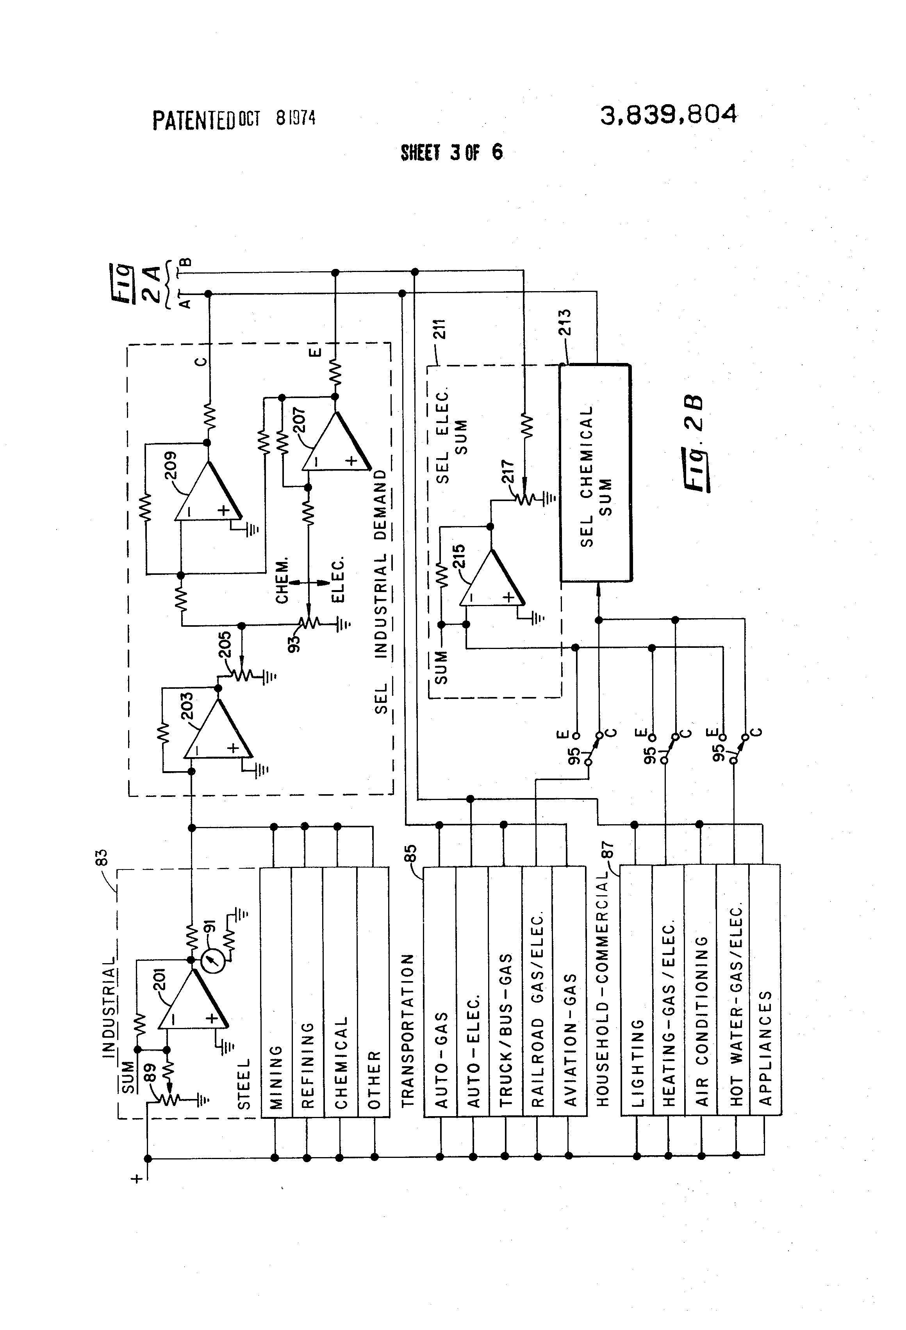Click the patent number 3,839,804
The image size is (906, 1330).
pos(668,115)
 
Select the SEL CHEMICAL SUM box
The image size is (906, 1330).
pos(595,473)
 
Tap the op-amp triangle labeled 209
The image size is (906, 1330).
pos(206,492)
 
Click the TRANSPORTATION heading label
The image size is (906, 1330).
pos(407,1030)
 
